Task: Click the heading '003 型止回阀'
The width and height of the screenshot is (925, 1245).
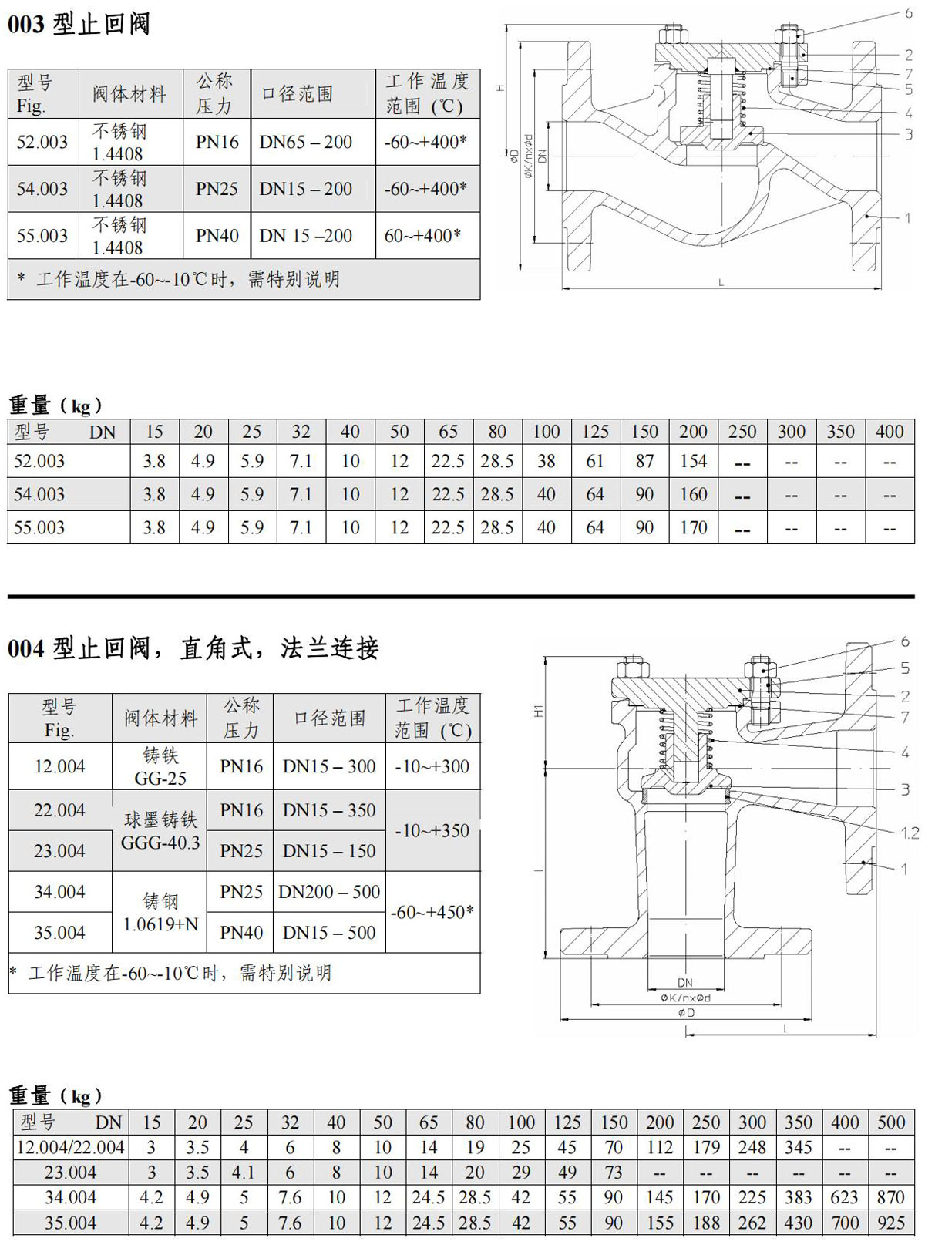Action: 79,24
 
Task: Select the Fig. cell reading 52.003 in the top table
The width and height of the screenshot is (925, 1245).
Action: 42,142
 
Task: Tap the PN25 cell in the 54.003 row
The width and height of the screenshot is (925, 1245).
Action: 217,189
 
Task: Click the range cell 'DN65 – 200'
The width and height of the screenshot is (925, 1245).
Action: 306,142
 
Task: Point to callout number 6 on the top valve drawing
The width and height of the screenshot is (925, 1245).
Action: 908,13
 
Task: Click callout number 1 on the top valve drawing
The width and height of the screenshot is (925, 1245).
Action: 908,218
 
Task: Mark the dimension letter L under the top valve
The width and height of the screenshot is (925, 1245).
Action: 721,283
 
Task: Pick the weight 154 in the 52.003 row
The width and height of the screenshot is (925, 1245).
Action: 693,461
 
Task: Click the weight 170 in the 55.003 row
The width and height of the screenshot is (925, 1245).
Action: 693,527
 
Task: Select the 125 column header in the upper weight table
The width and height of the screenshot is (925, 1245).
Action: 595,432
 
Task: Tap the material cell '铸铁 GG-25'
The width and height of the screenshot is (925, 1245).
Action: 160,766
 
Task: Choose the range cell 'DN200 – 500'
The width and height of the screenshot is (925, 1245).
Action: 329,892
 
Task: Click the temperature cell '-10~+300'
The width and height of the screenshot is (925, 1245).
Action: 432,766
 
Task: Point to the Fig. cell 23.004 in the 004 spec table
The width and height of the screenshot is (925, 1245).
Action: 59,851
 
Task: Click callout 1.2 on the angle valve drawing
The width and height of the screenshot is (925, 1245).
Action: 910,833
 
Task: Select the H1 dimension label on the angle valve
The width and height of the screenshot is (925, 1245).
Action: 539,711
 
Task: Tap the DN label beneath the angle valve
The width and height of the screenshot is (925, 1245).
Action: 685,982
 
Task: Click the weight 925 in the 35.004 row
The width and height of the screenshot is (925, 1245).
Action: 891,1223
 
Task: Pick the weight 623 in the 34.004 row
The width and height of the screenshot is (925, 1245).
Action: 845,1197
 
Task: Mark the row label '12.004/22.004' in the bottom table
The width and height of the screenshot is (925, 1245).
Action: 71,1147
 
